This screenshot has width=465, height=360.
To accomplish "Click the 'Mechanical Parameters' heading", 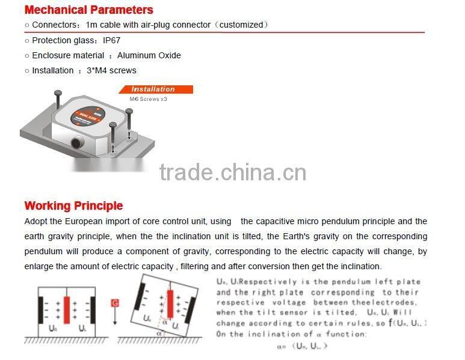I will click(88, 10).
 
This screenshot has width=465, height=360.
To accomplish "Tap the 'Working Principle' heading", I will click(73, 206).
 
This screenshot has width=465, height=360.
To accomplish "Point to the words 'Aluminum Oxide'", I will click(149, 55).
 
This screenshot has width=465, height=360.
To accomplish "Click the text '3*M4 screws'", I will click(111, 70).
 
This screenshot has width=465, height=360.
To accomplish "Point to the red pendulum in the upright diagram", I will click(67, 312).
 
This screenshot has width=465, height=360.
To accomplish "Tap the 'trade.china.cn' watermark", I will click(232, 173).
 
